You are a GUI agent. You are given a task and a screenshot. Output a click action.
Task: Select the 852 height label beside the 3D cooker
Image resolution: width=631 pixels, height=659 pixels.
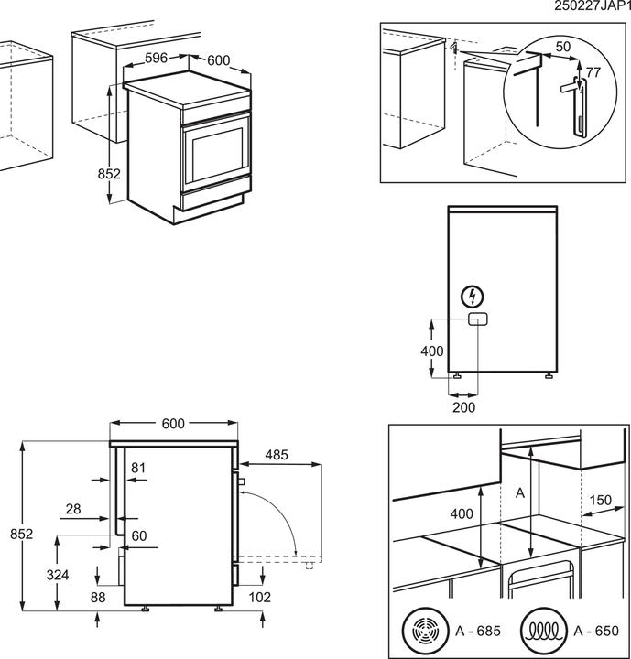click(110, 174)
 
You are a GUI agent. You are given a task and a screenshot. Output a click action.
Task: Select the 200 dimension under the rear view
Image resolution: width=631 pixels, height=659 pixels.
click(463, 407)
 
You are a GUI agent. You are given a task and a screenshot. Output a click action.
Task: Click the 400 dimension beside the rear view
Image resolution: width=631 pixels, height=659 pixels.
click(431, 351)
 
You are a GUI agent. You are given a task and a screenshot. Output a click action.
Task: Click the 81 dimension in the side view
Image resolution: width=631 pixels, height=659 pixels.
click(138, 469)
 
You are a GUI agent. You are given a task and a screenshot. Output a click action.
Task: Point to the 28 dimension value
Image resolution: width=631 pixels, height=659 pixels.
click(73, 508)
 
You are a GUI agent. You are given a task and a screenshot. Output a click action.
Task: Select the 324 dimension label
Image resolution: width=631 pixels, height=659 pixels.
click(57, 575)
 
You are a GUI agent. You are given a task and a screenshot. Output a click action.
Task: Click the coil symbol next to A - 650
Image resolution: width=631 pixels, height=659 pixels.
click(539, 631)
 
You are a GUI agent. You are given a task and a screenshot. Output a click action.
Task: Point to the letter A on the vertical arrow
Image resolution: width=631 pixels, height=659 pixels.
click(520, 493)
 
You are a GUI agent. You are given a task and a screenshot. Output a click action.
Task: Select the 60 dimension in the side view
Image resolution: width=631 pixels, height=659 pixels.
click(138, 535)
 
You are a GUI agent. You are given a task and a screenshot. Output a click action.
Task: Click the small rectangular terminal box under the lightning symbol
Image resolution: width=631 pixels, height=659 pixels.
click(476, 319)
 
